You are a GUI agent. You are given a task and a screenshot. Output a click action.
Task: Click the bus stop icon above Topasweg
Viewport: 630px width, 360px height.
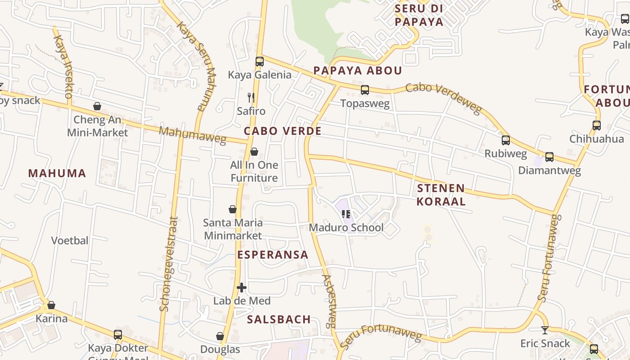pos(364,90)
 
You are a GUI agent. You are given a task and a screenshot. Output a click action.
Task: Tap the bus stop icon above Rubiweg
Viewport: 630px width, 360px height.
pos(506,140)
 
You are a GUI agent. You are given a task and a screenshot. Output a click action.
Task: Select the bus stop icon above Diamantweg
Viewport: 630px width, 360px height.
pos(549,157)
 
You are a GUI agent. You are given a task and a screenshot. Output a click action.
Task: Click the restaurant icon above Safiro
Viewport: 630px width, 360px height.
pos(251,97)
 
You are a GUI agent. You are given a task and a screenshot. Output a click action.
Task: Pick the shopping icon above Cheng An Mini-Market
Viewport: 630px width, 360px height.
pos(97,106)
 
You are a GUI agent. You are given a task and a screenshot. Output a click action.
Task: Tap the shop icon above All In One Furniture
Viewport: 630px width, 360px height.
pos(254,152)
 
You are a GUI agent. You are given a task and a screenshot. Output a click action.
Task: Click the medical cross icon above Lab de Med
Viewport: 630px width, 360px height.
pos(242,288)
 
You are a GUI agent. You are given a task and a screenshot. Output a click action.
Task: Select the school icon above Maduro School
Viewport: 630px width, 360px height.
pos(346,214)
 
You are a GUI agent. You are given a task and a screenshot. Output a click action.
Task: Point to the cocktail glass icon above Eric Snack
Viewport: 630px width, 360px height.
pos(545,330)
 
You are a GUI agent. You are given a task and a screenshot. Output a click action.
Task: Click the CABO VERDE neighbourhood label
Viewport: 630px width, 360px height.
pos(283,131)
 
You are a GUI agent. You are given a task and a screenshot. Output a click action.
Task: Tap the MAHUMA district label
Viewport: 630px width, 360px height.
pos(57,173)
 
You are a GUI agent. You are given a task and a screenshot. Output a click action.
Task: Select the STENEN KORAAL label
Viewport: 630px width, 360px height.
pos(441,195)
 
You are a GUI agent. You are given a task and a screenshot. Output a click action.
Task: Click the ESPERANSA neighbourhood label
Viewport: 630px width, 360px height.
pos(273,255)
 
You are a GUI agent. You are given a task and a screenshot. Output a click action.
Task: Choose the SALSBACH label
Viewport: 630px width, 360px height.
pos(279,319)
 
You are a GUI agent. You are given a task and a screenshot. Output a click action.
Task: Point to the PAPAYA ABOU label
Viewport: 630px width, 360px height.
pos(357,71)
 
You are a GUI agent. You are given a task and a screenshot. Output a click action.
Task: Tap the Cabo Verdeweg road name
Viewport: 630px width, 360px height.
pos(443,98)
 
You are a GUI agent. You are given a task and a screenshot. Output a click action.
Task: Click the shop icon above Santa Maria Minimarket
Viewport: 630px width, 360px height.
pos(233,209)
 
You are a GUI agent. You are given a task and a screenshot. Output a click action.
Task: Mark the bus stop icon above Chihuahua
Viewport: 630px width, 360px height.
pos(597,126)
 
